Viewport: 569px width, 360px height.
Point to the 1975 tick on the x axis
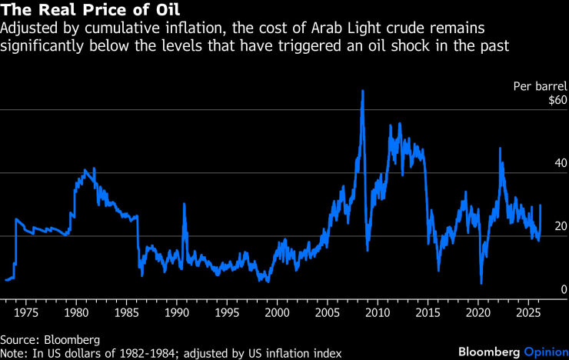tap(26, 314)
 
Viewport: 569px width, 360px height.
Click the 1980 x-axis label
tap(76, 314)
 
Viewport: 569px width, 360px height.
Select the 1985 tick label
tap(126, 314)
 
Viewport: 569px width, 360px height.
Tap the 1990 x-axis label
tap(176, 314)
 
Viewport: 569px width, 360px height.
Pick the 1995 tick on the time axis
tap(227, 314)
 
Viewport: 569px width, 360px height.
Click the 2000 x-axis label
tap(277, 314)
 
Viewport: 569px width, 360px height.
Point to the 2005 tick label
tap(327, 314)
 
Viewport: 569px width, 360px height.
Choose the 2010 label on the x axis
tap(377, 314)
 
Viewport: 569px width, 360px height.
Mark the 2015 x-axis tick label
tap(428, 314)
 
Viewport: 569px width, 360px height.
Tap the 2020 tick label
tap(477, 314)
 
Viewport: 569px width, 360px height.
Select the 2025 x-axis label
tap(527, 314)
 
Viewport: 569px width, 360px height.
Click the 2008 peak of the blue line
tap(361, 92)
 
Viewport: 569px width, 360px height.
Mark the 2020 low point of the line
tap(481, 283)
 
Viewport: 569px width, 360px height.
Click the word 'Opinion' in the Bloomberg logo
tap(544, 352)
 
